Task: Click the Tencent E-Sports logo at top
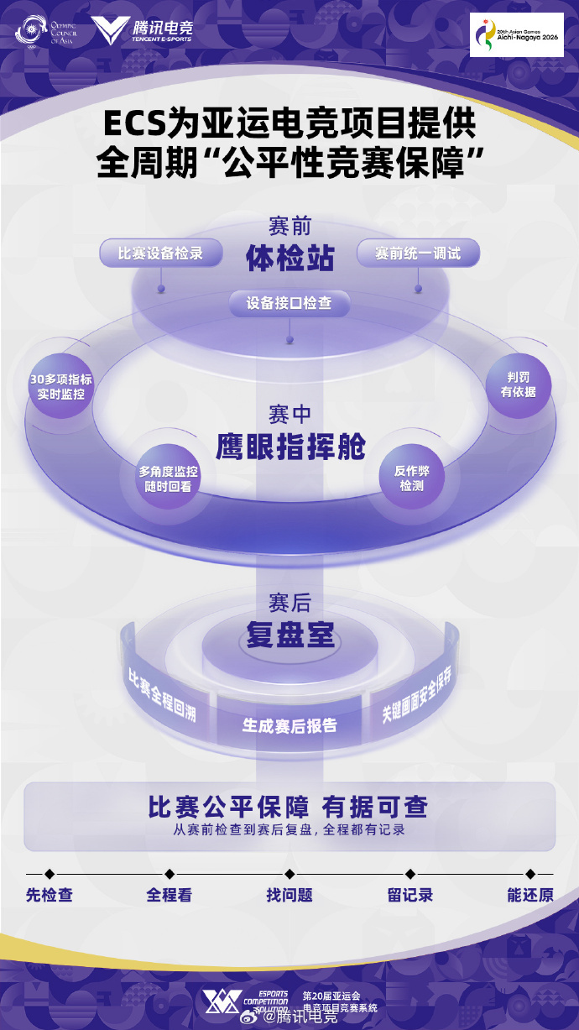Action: pos(142,30)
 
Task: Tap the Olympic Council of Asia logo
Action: pos(46,31)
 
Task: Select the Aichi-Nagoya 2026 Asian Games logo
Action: pos(517,35)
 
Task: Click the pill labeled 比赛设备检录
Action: pos(161,253)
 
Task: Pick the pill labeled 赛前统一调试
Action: pos(418,253)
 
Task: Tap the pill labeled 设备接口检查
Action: pos(289,304)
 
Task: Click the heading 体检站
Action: pos(290,258)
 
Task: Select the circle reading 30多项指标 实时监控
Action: pos(60,386)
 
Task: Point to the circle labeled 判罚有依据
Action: pos(519,385)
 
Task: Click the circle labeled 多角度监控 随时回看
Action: pos(168,478)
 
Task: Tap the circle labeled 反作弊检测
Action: pos(412,478)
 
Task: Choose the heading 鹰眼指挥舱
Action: pos(291,447)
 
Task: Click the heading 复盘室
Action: pos(290,635)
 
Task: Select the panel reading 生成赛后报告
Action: pos(289,725)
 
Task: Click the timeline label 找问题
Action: pos(289,896)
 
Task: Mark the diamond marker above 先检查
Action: pos(50,874)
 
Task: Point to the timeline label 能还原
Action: pos(530,896)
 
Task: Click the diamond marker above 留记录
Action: pos(410,874)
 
